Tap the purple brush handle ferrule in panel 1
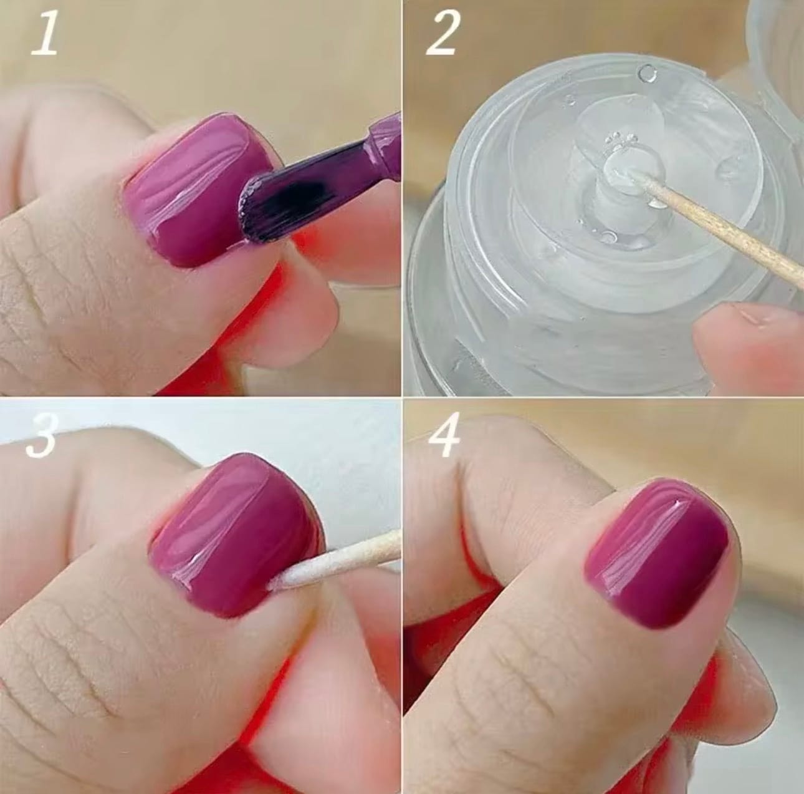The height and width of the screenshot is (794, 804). point(382,142)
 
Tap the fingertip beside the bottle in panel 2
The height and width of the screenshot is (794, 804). point(751,338)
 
